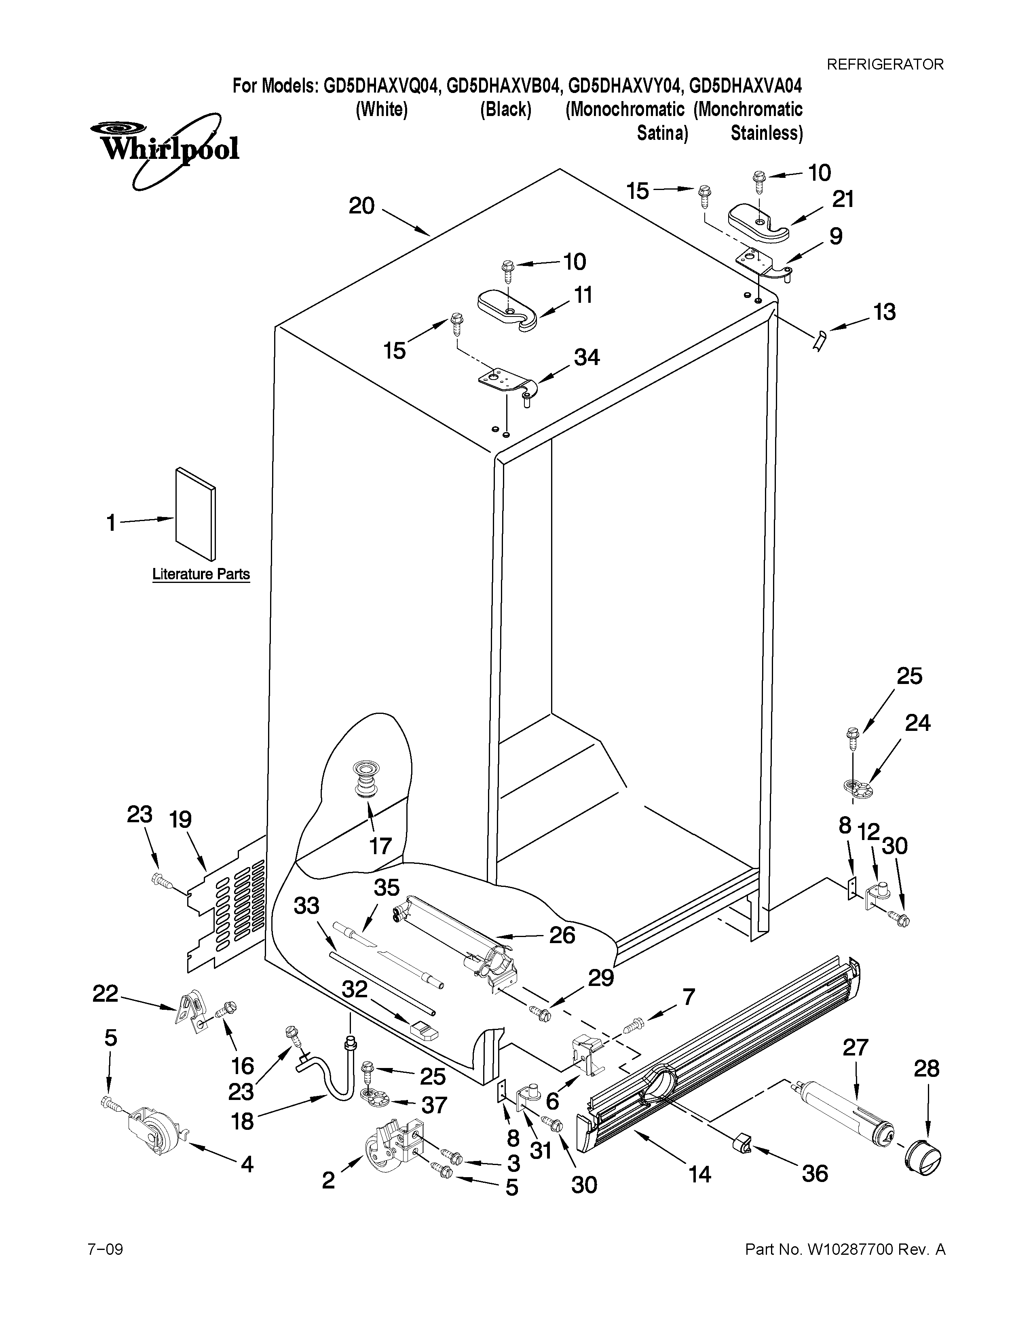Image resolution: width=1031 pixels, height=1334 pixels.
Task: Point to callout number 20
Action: [x=361, y=206]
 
